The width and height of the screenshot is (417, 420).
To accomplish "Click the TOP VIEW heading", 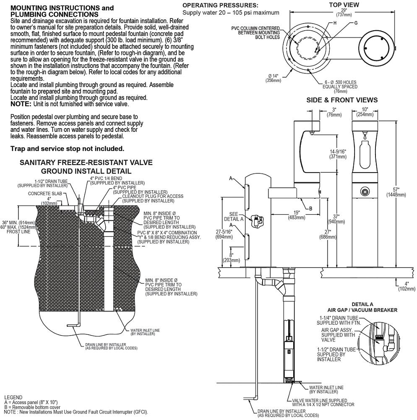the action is coord(344,5).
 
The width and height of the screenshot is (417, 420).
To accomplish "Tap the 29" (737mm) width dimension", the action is coord(344,12).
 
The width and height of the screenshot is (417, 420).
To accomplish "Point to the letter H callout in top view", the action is coord(335,23).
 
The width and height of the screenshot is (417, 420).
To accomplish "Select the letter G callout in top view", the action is coord(356,23).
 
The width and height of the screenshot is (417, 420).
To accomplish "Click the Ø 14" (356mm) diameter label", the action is coord(274,78).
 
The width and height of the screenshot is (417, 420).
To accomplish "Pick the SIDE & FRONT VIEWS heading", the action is coord(342,100).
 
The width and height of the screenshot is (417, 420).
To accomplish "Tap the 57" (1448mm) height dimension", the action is coord(396,192).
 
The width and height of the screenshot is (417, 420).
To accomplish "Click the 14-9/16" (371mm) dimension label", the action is coord(338,154).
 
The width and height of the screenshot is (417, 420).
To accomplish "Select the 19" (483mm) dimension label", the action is coord(296,215).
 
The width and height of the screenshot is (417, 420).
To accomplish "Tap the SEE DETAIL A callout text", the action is coord(234,216).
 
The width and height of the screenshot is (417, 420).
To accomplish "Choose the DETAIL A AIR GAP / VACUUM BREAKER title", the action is coord(362,307).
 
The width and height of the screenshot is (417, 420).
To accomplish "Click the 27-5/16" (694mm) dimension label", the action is coord(224,234).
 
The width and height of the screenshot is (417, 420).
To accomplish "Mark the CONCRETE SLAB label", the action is coord(45,193).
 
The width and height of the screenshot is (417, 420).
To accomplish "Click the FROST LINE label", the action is coord(18,232).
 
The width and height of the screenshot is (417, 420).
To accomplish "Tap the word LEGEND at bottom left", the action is coord(13,397).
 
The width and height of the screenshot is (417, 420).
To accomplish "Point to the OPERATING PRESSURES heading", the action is coord(220,5).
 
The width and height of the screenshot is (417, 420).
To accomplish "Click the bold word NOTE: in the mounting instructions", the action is coord(21,104).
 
